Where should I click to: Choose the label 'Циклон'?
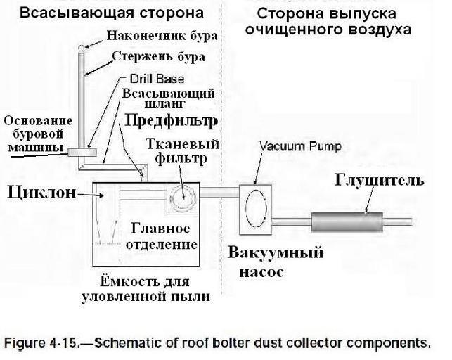pyautogui.click(x=41, y=191)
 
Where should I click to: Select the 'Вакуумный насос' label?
pyautogui.click(x=276, y=259)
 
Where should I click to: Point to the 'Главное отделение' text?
pyautogui.click(x=162, y=236)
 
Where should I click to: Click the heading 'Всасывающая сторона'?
pyautogui.click(x=112, y=13)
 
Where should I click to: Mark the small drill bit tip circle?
pyautogui.click(x=81, y=48)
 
